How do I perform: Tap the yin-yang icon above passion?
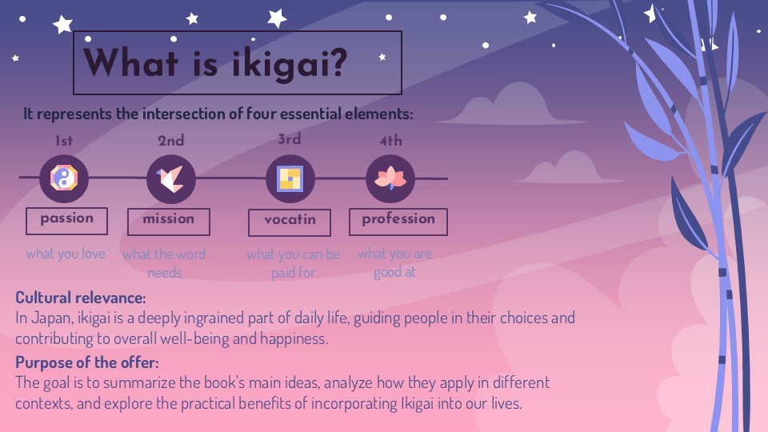click(64, 178)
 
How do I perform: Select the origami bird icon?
click(170, 178)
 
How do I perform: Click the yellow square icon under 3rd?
click(290, 178)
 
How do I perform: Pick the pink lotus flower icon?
click(390, 178)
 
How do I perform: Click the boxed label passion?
click(66, 221)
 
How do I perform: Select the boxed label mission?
click(169, 222)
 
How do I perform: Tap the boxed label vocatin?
click(290, 222)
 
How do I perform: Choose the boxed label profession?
click(398, 222)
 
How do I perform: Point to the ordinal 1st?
click(64, 141)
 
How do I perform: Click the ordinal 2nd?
click(171, 141)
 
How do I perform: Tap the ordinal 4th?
click(391, 141)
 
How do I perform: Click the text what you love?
click(66, 254)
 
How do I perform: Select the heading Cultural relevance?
click(81, 298)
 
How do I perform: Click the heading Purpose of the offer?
click(87, 362)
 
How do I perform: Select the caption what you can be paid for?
click(293, 263)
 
